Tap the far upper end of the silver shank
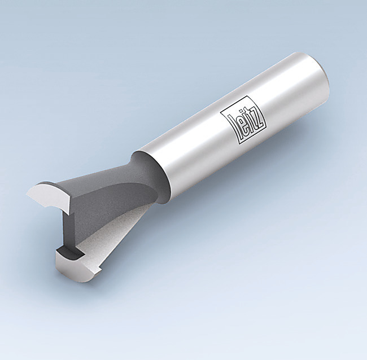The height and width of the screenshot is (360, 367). [316, 73]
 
